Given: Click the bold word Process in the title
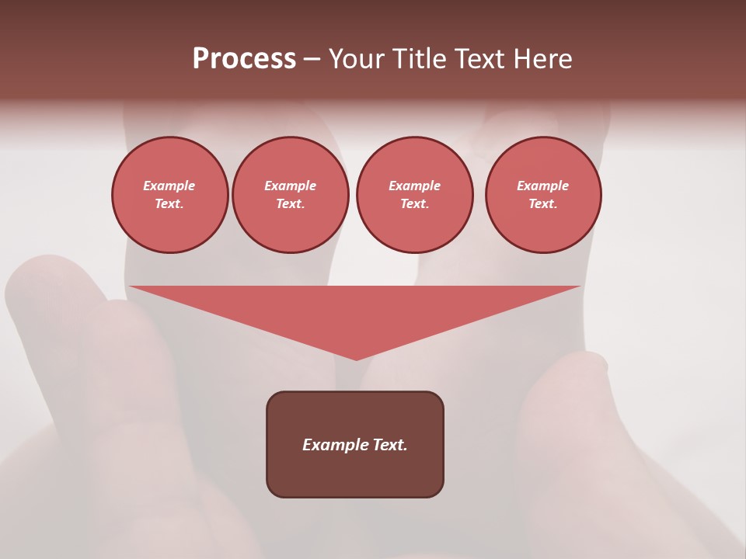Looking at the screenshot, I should (244, 59).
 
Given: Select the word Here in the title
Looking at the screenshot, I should (542, 59).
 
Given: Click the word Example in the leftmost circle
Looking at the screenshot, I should (169, 186).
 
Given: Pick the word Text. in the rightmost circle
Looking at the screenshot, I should (543, 203).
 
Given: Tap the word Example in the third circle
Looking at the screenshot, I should (414, 186).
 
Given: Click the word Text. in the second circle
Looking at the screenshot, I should (291, 203).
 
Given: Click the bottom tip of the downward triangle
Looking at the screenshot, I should (356, 358).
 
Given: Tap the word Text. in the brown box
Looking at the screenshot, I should (389, 445).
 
